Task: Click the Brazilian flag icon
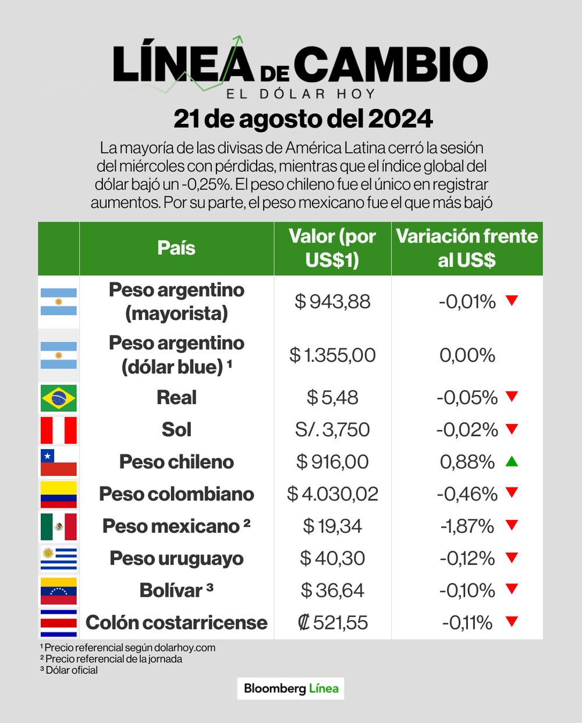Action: (x=58, y=398)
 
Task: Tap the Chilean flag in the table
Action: (x=58, y=462)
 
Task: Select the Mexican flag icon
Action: (x=58, y=526)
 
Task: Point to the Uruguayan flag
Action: (x=58, y=558)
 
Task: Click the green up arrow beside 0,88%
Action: (x=512, y=462)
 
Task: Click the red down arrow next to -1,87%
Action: (x=512, y=525)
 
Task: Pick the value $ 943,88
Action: (x=332, y=302)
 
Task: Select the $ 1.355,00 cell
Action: (x=332, y=355)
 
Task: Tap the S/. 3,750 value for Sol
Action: (x=332, y=430)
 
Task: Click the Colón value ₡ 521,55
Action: (x=332, y=623)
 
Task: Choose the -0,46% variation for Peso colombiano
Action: (x=467, y=494)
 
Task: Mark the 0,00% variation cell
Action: (x=467, y=355)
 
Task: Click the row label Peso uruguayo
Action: (x=176, y=558)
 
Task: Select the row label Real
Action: (x=176, y=398)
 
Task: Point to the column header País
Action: (x=176, y=248)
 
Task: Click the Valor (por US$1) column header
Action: (x=332, y=248)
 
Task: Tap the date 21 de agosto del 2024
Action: (x=303, y=119)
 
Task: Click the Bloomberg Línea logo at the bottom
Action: (x=291, y=689)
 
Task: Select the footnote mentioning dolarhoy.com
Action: (x=128, y=647)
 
